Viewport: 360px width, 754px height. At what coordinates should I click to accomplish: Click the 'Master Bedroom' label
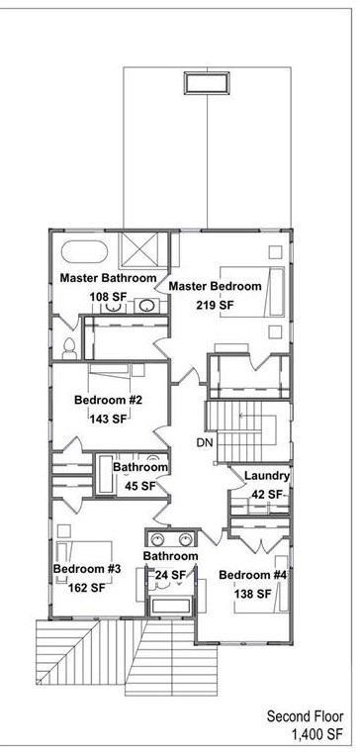(215, 286)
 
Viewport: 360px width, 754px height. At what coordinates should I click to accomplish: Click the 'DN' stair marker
(205, 441)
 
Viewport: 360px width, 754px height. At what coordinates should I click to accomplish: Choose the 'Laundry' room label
(267, 476)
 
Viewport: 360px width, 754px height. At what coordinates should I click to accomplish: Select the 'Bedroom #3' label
(86, 569)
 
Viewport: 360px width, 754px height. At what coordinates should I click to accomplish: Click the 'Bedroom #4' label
(252, 575)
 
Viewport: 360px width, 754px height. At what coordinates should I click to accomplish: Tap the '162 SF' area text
(86, 588)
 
